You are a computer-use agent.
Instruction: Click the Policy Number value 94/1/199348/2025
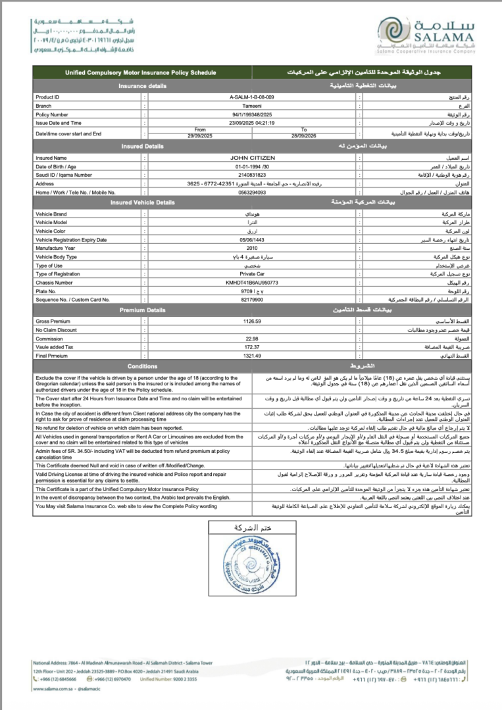[x=252, y=114]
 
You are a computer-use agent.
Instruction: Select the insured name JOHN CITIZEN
[x=252, y=158]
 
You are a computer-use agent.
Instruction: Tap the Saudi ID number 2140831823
[x=252, y=175]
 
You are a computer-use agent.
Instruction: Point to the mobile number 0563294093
[x=252, y=192]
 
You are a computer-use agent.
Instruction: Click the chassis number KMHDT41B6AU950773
[x=252, y=282]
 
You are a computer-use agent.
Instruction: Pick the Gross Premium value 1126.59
[x=252, y=321]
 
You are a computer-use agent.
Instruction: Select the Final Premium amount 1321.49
[x=252, y=355]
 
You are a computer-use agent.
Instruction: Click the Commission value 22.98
[x=252, y=338]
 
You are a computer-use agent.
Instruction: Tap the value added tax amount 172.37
[x=252, y=346]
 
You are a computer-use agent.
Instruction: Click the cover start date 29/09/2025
[x=201, y=135]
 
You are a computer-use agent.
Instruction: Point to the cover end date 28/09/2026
[x=303, y=135]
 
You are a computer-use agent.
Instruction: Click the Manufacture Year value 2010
[x=252, y=248]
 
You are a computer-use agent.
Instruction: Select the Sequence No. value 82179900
[x=252, y=299]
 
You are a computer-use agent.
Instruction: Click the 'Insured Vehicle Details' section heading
[x=143, y=202]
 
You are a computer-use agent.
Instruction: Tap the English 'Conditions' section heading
[x=143, y=366]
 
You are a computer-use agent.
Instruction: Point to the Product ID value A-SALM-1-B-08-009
[x=252, y=97]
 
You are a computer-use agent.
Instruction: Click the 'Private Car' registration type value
[x=252, y=273]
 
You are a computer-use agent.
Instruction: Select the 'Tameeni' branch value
[x=252, y=105]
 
